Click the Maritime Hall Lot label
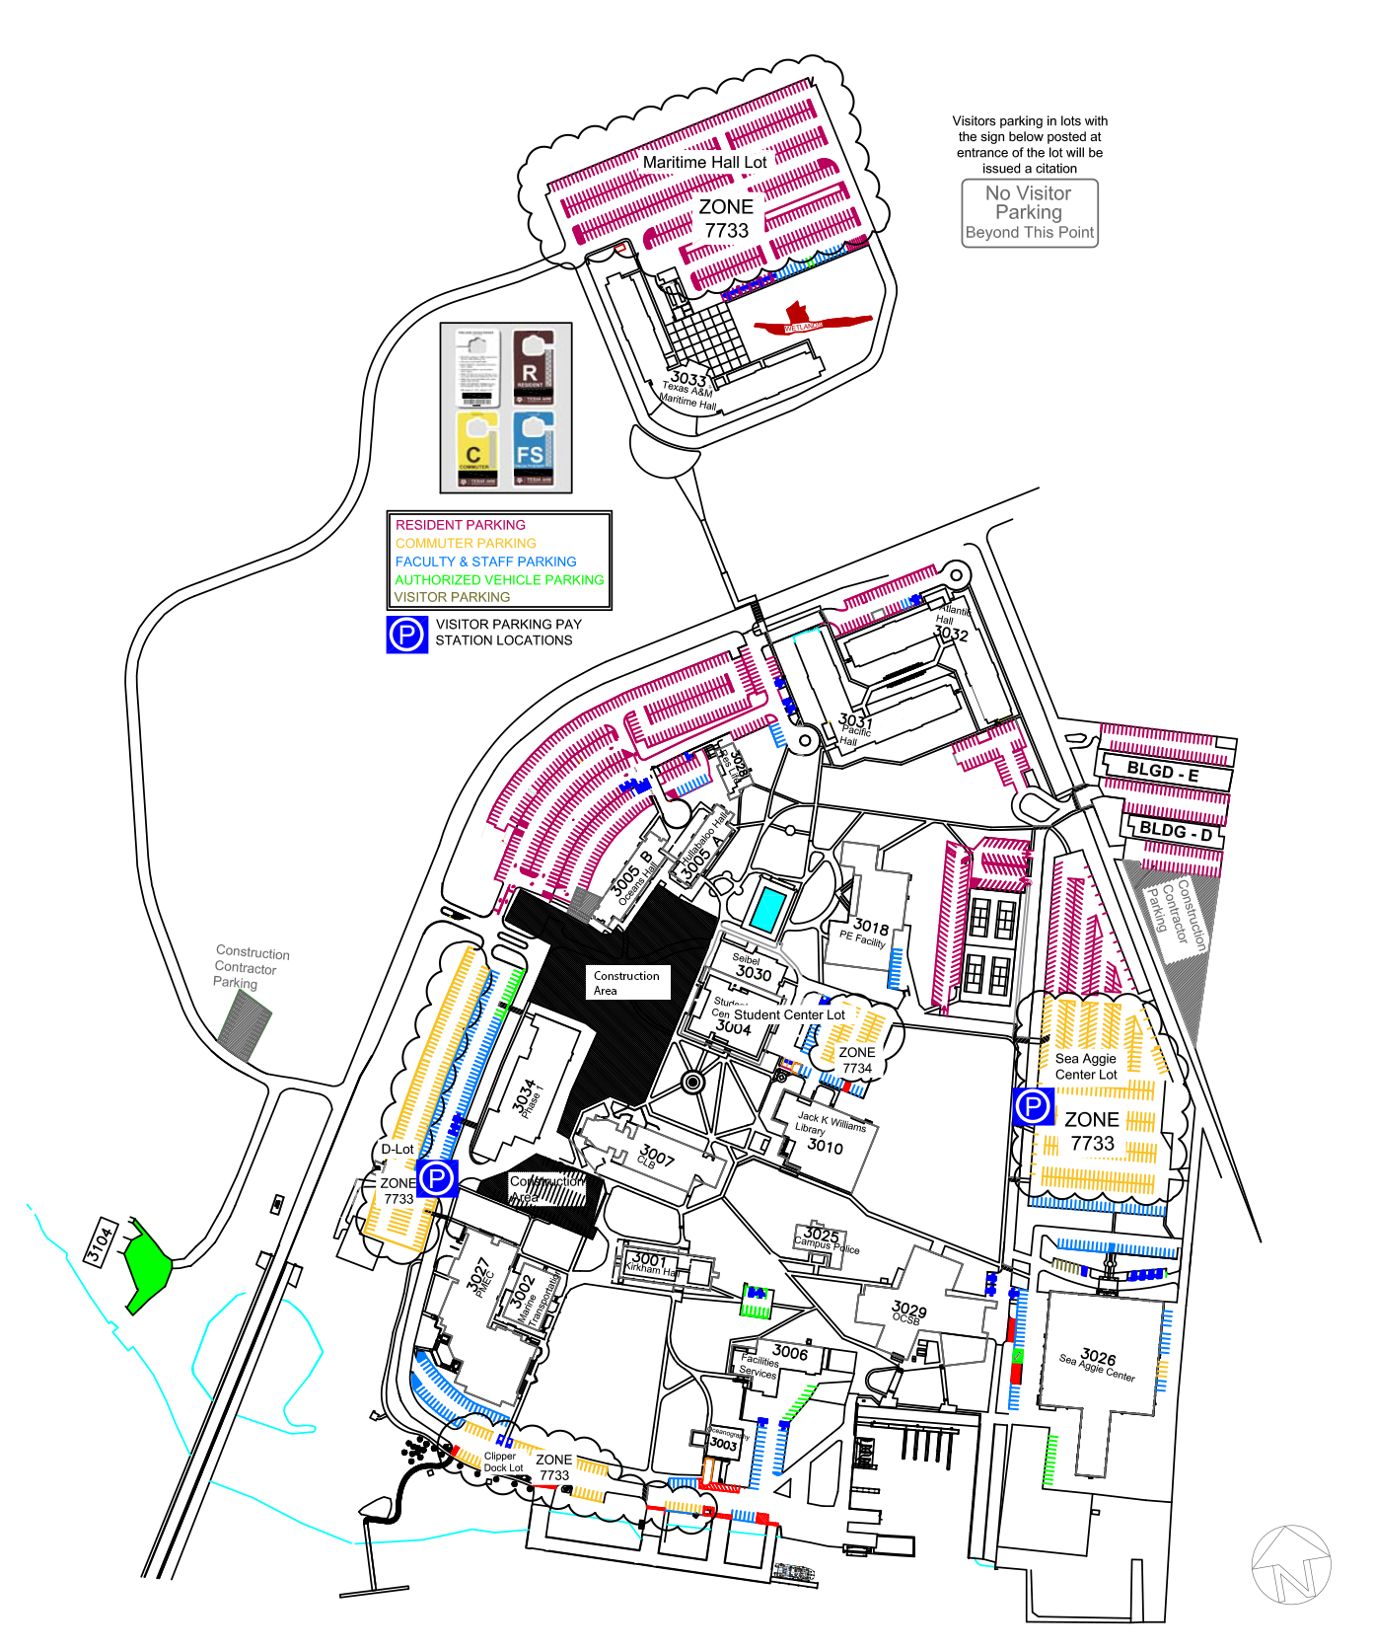coord(704,162)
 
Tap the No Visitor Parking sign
coord(1030,212)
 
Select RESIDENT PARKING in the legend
coord(461,525)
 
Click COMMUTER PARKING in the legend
coord(466,543)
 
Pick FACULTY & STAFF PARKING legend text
coord(485,562)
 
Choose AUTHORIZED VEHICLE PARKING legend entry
coord(499,579)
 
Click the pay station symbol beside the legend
coord(406,634)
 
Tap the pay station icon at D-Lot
coord(437,1178)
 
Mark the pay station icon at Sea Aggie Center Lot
coord(1033,1106)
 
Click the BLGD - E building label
coord(1163,772)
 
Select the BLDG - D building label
coord(1176,831)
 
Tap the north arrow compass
coord(1291,1565)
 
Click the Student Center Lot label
coord(789,1014)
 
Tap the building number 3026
coord(1098,1357)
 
